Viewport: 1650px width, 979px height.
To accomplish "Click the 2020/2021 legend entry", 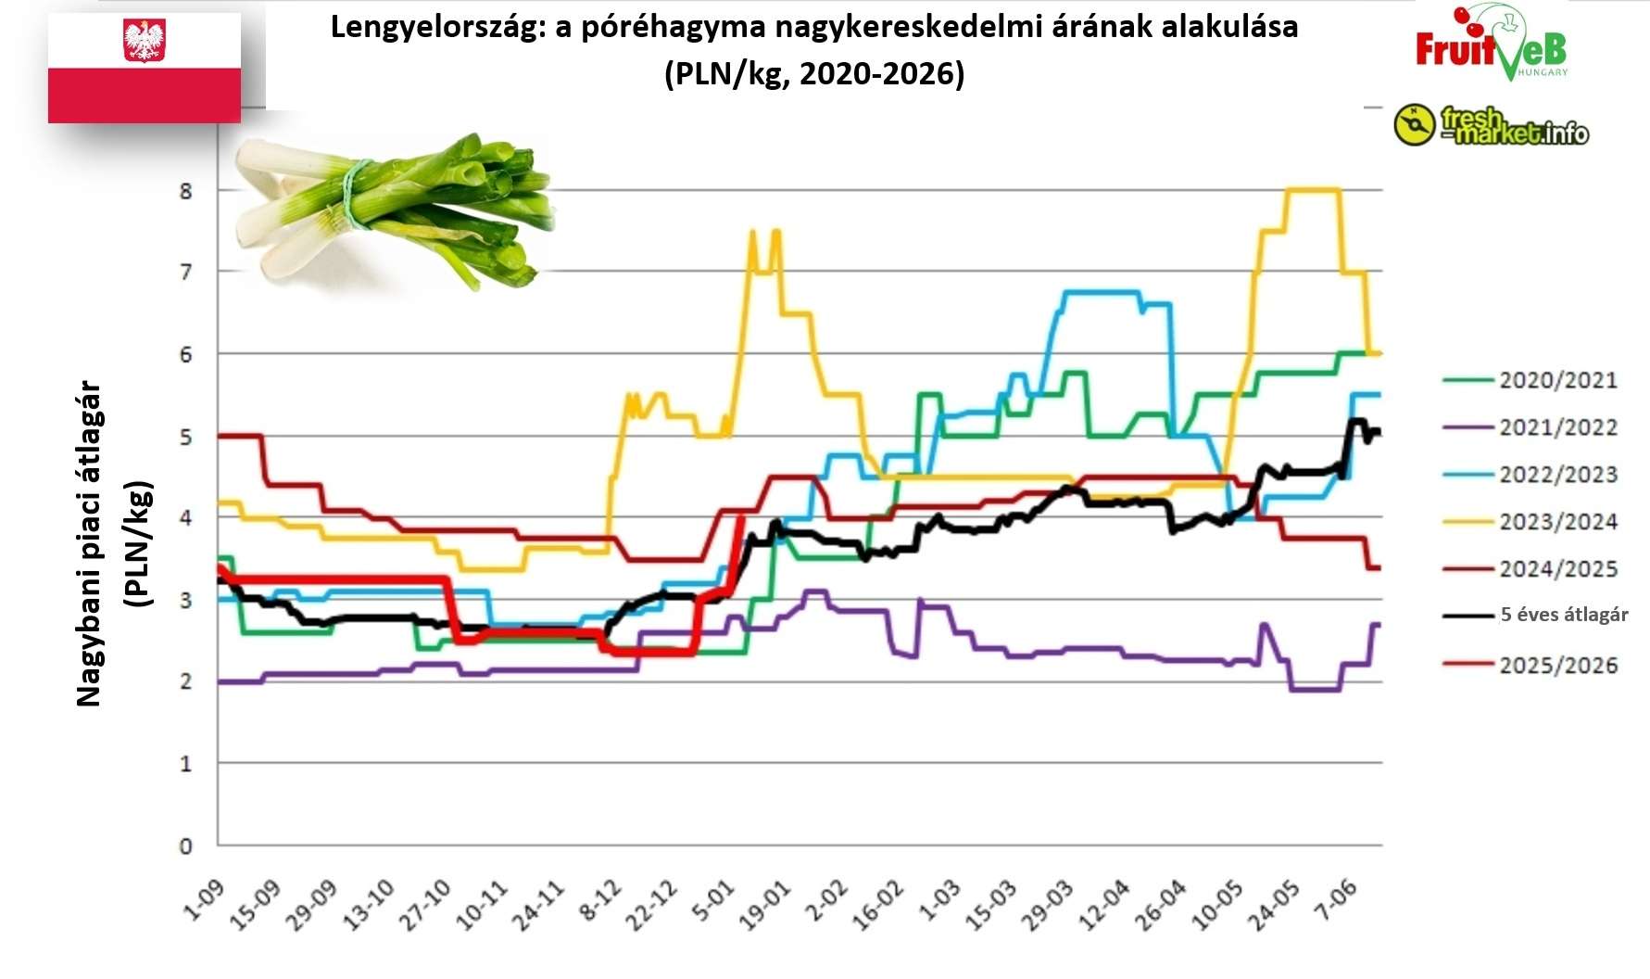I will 1557,380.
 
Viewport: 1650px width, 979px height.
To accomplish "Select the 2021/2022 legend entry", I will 1557,427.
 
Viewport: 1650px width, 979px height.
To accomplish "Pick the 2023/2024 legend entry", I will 1557,522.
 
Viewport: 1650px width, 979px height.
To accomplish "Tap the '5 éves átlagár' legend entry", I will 1563,615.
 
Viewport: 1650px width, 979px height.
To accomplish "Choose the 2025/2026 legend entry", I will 1557,666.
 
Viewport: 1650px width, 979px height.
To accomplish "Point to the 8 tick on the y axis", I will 186,191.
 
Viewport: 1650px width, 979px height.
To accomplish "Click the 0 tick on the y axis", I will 186,845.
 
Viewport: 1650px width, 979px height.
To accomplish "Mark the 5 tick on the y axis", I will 186,437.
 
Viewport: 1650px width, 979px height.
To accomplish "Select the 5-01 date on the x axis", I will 714,902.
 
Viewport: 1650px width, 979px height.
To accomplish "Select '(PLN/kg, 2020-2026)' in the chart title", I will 814,73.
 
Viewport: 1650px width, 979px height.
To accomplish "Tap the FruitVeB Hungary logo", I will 1491,44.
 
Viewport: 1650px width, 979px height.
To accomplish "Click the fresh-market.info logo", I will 1491,126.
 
